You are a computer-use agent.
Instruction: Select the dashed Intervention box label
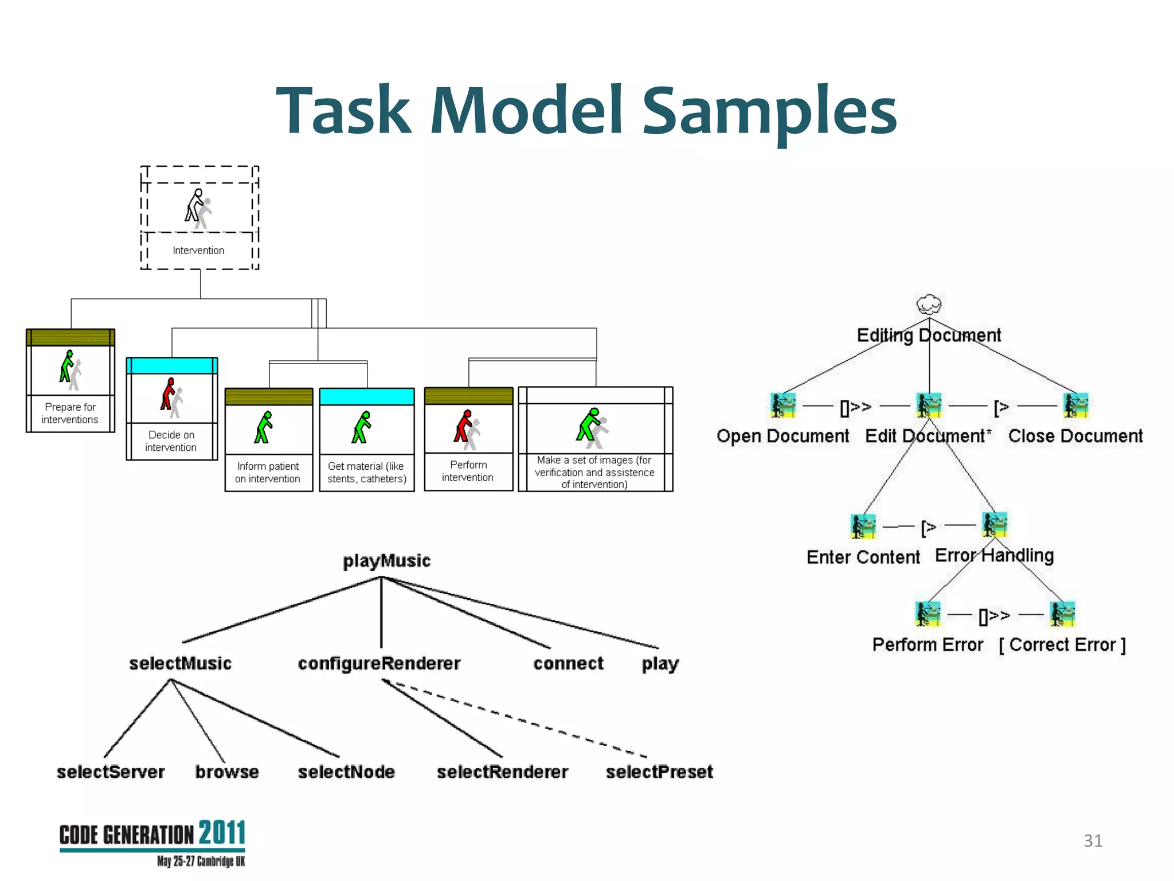[x=198, y=251]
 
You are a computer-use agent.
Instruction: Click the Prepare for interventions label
[x=70, y=413]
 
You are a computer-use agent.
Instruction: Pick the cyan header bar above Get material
[x=366, y=396]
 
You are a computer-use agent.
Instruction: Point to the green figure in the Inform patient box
[x=264, y=427]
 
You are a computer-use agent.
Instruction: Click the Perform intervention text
[x=468, y=471]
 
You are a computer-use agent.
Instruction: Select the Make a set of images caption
[x=594, y=472]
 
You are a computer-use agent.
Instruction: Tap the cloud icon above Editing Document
[x=929, y=304]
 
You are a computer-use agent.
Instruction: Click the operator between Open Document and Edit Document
[x=855, y=407]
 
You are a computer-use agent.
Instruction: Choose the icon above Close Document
[x=1075, y=406]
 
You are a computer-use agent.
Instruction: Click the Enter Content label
[x=863, y=557]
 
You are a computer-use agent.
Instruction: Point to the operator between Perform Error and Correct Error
[x=994, y=616]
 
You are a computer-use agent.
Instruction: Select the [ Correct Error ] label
[x=1062, y=645]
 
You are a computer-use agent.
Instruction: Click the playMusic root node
[x=386, y=560]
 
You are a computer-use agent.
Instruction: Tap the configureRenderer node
[x=379, y=664]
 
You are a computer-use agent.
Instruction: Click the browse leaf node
[x=227, y=772]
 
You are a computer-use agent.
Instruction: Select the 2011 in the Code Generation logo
[x=222, y=833]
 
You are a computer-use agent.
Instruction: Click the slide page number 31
[x=1093, y=841]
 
